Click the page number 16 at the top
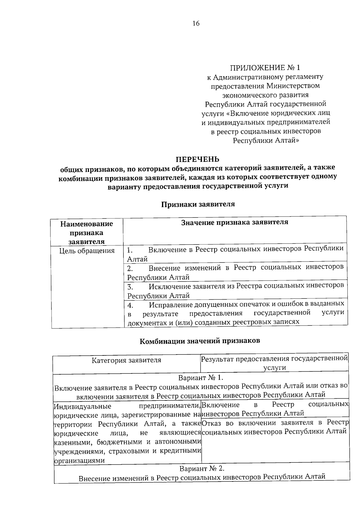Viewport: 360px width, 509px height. tap(196, 24)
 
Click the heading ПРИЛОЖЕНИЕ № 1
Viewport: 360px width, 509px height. tap(265, 67)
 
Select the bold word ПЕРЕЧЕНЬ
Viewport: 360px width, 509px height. tap(197, 159)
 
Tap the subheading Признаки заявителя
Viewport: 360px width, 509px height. tap(198, 205)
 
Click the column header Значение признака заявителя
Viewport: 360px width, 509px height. tap(235, 222)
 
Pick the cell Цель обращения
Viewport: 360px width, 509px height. tap(87, 251)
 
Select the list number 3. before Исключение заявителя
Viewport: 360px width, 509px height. tap(130, 286)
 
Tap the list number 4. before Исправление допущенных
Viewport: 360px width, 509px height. tap(130, 305)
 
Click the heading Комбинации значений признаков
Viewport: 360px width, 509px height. tap(200, 341)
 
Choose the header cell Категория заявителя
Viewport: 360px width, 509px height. tap(126, 360)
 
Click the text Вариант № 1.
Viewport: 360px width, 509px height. tap(201, 377)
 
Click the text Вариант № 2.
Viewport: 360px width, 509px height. tap(202, 468)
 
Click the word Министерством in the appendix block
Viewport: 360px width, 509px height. tap(292, 86)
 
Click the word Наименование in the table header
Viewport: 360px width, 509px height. tap(86, 224)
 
